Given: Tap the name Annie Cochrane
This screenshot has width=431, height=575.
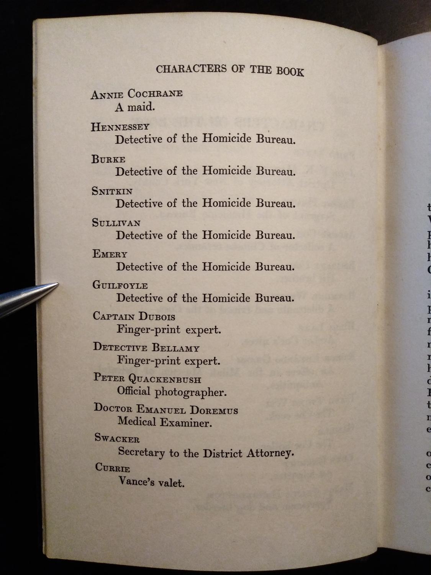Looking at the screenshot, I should pyautogui.click(x=136, y=94).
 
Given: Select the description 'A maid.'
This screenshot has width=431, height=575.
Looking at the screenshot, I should pyautogui.click(x=135, y=107).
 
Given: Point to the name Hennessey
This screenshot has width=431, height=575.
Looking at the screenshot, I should pyautogui.click(x=120, y=127).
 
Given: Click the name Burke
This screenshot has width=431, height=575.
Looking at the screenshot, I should pyautogui.click(x=108, y=159).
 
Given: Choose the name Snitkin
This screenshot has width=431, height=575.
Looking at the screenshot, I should pyautogui.click(x=112, y=191).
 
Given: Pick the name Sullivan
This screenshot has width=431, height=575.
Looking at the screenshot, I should pyautogui.click(x=116, y=222).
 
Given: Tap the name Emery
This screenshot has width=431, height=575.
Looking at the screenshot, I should pyautogui.click(x=110, y=254).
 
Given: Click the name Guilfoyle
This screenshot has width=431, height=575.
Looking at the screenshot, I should pyautogui.click(x=120, y=285).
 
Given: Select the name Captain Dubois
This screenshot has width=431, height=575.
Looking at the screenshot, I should pyautogui.click(x=134, y=316).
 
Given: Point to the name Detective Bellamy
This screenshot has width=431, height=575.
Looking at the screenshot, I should pyautogui.click(x=146, y=347).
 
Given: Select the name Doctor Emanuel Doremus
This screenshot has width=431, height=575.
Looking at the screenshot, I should pyautogui.click(x=166, y=409).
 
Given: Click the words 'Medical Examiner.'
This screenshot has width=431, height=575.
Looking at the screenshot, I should pyautogui.click(x=165, y=422).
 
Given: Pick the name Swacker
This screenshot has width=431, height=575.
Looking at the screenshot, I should pyautogui.click(x=117, y=438).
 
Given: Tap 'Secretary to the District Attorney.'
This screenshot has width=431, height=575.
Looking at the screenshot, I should pyautogui.click(x=206, y=453).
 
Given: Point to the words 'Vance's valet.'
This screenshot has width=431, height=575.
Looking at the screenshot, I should pyautogui.click(x=151, y=482).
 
